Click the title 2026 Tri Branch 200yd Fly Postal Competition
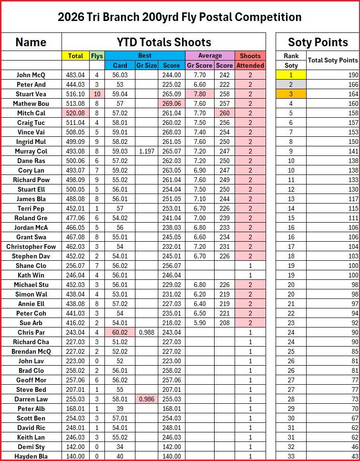pyautogui.click(x=180, y=17)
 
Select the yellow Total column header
pyautogui.click(x=75, y=56)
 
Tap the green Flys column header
pyautogui.click(x=97, y=56)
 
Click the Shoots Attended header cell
pyautogui.click(x=250, y=61)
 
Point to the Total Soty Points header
pyautogui.click(x=333, y=61)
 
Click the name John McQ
pyautogui.click(x=31, y=75)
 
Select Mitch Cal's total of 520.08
pyautogui.click(x=75, y=113)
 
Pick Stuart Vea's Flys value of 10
pyautogui.click(x=97, y=94)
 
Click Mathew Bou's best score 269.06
pyautogui.click(x=172, y=103)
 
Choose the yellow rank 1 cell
pyautogui.click(x=291, y=75)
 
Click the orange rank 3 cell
pyautogui.click(x=291, y=94)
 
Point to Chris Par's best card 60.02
pyautogui.click(x=120, y=332)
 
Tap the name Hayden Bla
pyautogui.click(x=31, y=456)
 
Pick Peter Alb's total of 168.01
pyautogui.click(x=75, y=409)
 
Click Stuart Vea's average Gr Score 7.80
pyautogui.click(x=200, y=94)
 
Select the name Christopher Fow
pyautogui.click(x=31, y=246)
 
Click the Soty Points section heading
pyautogui.click(x=318, y=42)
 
